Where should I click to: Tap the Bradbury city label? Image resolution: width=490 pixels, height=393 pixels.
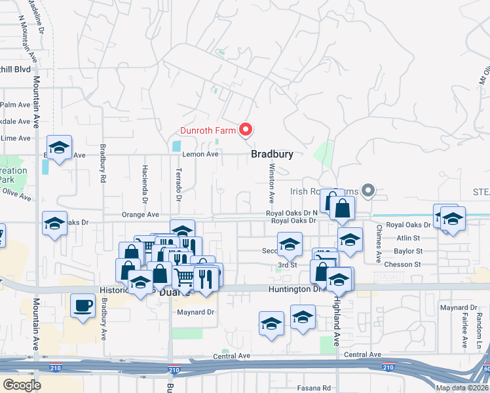(x=271, y=155)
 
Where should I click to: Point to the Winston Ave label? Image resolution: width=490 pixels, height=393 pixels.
(x=271, y=183)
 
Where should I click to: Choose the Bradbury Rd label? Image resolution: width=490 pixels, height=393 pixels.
(x=103, y=163)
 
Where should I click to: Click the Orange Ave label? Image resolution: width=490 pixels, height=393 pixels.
(x=140, y=214)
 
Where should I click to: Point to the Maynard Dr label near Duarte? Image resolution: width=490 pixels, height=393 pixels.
(x=196, y=312)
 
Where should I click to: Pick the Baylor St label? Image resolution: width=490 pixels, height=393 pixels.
(x=408, y=251)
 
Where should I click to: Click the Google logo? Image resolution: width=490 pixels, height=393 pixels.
(x=22, y=385)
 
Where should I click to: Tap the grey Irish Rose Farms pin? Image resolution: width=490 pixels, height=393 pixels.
(x=368, y=191)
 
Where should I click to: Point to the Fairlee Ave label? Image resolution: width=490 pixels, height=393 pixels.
(x=464, y=325)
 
